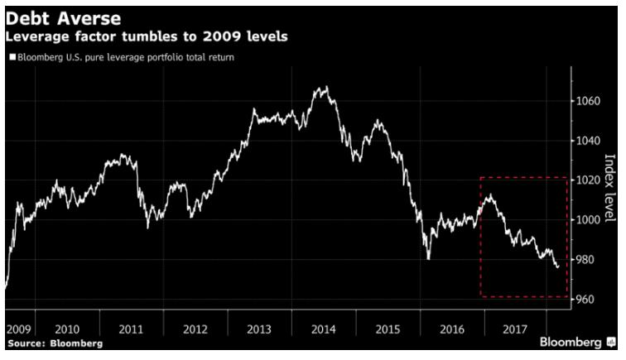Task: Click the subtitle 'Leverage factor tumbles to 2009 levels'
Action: (x=146, y=37)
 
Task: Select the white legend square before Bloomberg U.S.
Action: (x=12, y=58)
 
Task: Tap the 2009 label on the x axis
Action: (x=18, y=329)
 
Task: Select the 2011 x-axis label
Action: (x=131, y=329)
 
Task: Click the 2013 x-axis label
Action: (x=259, y=329)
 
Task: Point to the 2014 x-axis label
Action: (x=323, y=329)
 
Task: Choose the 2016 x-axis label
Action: (x=451, y=329)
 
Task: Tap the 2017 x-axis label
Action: (x=515, y=329)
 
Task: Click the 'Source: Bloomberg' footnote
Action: (x=55, y=343)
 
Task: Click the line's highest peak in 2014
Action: (x=324, y=87)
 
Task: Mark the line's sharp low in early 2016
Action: (x=429, y=258)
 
